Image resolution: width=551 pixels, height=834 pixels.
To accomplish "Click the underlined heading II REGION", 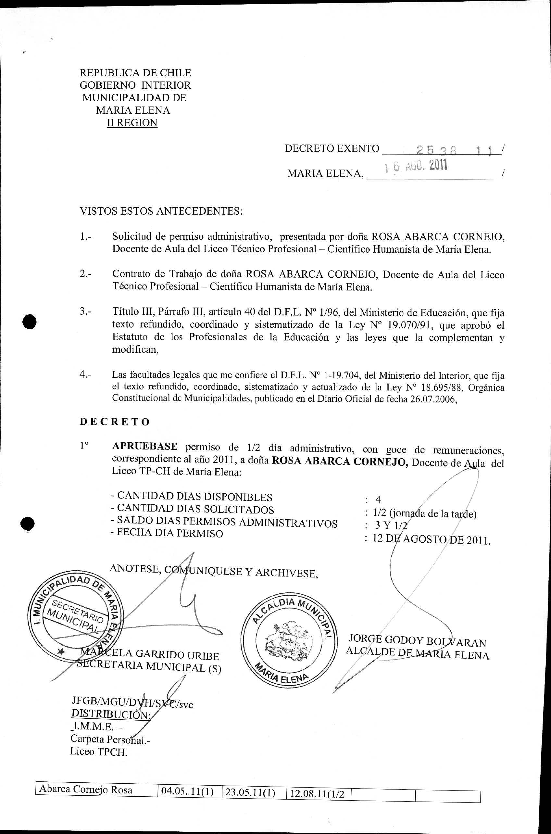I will coord(132,123).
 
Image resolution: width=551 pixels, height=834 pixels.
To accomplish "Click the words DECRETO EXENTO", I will coord(332,149).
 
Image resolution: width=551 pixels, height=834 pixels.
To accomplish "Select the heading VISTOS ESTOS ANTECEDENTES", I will coord(161,211).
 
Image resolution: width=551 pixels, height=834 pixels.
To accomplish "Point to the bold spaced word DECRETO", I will coord(115,422).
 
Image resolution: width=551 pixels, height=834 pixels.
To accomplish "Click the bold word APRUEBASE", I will coord(145,446).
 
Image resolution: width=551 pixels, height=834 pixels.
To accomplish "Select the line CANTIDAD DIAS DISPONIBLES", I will coord(192,497).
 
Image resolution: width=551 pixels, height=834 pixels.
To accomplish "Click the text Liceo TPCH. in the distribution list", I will coord(98,752).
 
